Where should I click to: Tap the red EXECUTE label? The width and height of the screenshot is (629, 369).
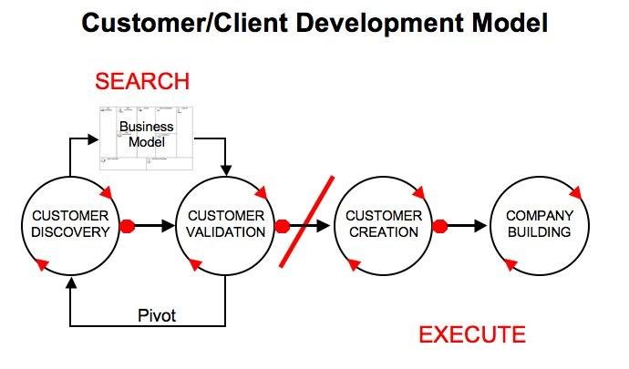click(471, 334)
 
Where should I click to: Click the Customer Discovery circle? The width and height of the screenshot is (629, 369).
click(70, 224)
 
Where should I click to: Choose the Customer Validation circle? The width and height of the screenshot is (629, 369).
click(226, 224)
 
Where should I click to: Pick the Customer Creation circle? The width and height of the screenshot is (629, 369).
click(383, 224)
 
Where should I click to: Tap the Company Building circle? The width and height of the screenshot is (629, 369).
click(540, 224)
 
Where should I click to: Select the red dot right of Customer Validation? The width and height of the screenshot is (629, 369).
click(283, 225)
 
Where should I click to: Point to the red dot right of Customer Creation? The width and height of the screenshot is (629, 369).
click(439, 225)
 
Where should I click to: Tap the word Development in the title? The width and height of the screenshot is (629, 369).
click(349, 22)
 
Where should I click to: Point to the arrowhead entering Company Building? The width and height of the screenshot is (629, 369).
click(483, 225)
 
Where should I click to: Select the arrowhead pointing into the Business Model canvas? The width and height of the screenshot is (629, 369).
click(93, 139)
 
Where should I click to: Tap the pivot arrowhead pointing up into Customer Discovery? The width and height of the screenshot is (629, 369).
click(70, 283)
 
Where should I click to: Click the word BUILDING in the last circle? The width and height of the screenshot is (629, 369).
click(540, 232)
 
